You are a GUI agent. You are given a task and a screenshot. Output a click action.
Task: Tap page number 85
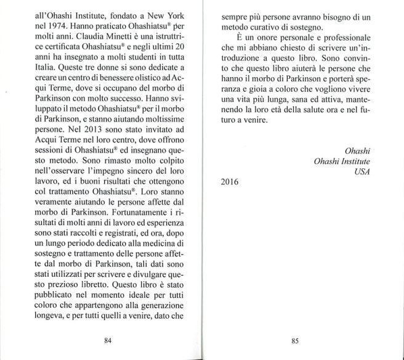[294, 338]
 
